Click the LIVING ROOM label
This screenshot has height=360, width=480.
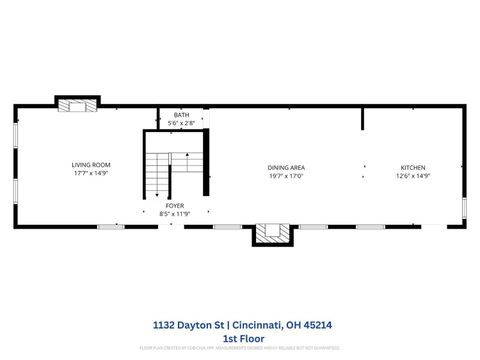(90, 165)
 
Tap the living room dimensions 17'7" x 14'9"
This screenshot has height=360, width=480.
(90, 174)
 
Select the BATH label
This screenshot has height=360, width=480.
(181, 115)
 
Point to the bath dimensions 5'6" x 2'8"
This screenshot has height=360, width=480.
(181, 123)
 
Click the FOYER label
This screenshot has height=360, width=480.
(174, 205)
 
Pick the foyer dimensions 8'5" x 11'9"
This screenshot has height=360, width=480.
(174, 213)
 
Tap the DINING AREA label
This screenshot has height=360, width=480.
(285, 167)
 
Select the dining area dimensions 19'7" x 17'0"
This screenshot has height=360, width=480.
(285, 176)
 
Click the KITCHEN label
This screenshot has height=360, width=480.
(413, 167)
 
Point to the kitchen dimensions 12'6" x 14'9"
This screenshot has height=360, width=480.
(413, 176)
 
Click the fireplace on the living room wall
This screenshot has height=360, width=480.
(77, 104)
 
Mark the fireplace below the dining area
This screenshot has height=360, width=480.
(268, 233)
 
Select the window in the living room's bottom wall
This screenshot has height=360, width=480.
(110, 226)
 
